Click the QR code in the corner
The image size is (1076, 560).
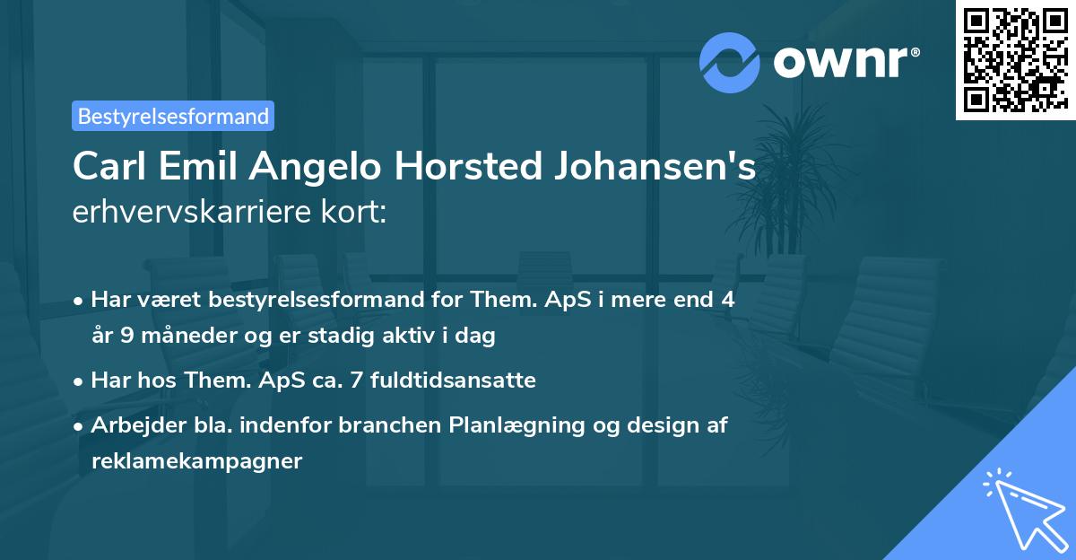1015,59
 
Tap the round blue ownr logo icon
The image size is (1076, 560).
730,62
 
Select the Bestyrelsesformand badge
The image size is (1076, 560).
173,116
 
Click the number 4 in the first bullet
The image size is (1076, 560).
727,300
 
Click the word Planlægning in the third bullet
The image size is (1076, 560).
505,425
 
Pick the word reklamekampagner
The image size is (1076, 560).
197,461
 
